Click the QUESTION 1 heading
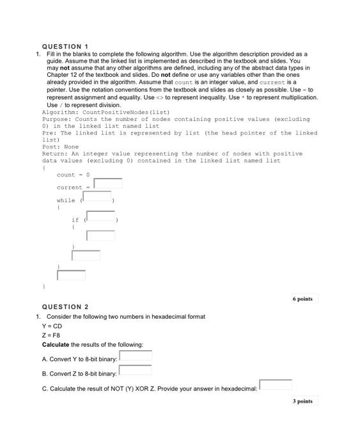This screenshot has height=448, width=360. pos(65,47)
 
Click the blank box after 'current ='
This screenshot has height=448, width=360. pos(107,184)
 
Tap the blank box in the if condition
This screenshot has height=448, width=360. pos(100,218)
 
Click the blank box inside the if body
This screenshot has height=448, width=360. pos(100,235)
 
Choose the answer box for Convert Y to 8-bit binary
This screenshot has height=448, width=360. pos(136,356)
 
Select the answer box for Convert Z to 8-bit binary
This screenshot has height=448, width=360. pos(135,371)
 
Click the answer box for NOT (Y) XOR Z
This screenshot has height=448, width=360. pos(276,385)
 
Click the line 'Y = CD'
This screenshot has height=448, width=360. pos(52,326)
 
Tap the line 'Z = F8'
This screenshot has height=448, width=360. pos(51,335)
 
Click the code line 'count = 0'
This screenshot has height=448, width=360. pos(73,175)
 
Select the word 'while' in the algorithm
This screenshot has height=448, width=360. pos(66,200)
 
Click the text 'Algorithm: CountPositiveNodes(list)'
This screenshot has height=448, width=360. pos(89,112)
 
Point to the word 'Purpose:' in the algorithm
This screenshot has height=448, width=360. pos(56,119)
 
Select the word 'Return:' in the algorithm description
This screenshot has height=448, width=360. pos(54,154)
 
